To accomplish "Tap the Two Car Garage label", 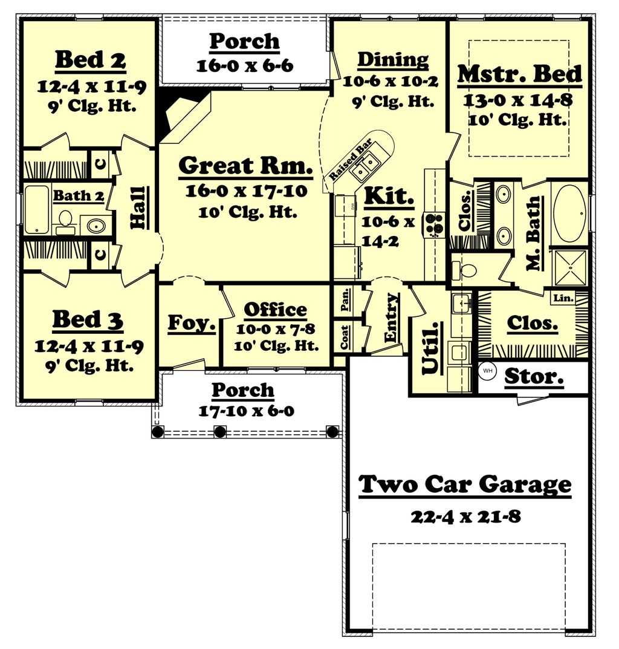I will pos(465,484).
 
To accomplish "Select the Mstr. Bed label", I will pos(519,74).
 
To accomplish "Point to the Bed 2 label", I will pos(91,60).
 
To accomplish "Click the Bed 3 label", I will pos(88,320).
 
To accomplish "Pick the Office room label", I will pos(275,310).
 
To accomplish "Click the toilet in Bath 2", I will pos(65,220).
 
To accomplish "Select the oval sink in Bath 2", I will pos(96,226).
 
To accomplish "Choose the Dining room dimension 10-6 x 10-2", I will pos(391,81).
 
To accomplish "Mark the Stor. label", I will pos(534,376).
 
